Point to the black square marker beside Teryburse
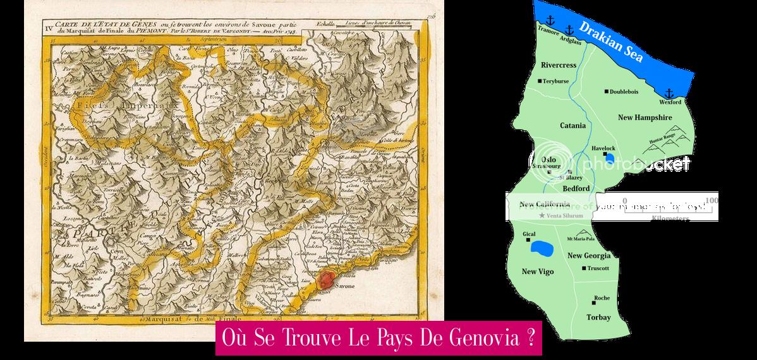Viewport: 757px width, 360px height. (x=540, y=81)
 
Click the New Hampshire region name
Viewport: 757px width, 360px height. (x=645, y=117)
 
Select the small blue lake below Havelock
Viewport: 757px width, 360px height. (x=609, y=158)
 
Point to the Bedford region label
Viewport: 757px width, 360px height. (x=576, y=188)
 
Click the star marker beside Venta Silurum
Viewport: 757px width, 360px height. (x=542, y=216)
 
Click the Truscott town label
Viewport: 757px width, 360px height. (x=598, y=268)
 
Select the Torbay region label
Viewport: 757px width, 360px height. (x=598, y=317)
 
